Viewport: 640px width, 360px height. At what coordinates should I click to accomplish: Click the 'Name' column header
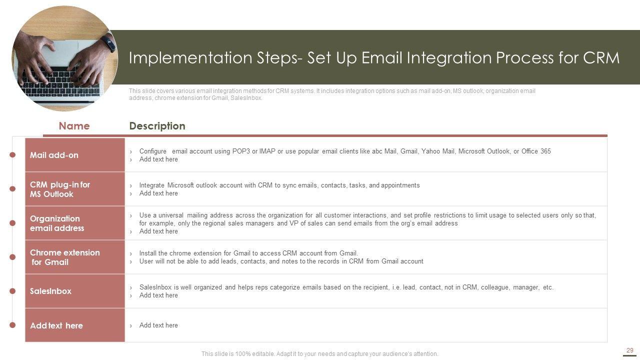point(74,126)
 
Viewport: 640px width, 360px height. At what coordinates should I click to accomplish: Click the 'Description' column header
point(157,126)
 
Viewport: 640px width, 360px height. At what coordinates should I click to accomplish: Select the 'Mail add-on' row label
point(54,155)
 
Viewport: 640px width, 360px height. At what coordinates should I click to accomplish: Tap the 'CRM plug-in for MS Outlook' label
point(60,189)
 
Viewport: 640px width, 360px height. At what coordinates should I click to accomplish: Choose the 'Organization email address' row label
point(57,223)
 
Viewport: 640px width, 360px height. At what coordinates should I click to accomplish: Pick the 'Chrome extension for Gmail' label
point(65,257)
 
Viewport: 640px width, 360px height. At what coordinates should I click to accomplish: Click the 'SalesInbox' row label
point(50,291)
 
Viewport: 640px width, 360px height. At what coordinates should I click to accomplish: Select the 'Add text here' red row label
point(56,325)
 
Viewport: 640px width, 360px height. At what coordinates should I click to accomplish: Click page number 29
point(629,350)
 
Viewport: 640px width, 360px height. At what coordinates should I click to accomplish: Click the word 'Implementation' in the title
point(190,57)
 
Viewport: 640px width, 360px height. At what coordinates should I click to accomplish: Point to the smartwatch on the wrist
point(109,43)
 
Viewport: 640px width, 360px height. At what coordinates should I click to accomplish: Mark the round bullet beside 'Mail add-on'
point(12,155)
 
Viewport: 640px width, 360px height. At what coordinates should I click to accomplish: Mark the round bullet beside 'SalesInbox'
point(12,291)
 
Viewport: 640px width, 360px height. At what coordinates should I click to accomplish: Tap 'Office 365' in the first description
point(536,151)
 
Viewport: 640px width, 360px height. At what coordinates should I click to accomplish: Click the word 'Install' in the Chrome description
point(147,253)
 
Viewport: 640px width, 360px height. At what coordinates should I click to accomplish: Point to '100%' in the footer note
point(243,353)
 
